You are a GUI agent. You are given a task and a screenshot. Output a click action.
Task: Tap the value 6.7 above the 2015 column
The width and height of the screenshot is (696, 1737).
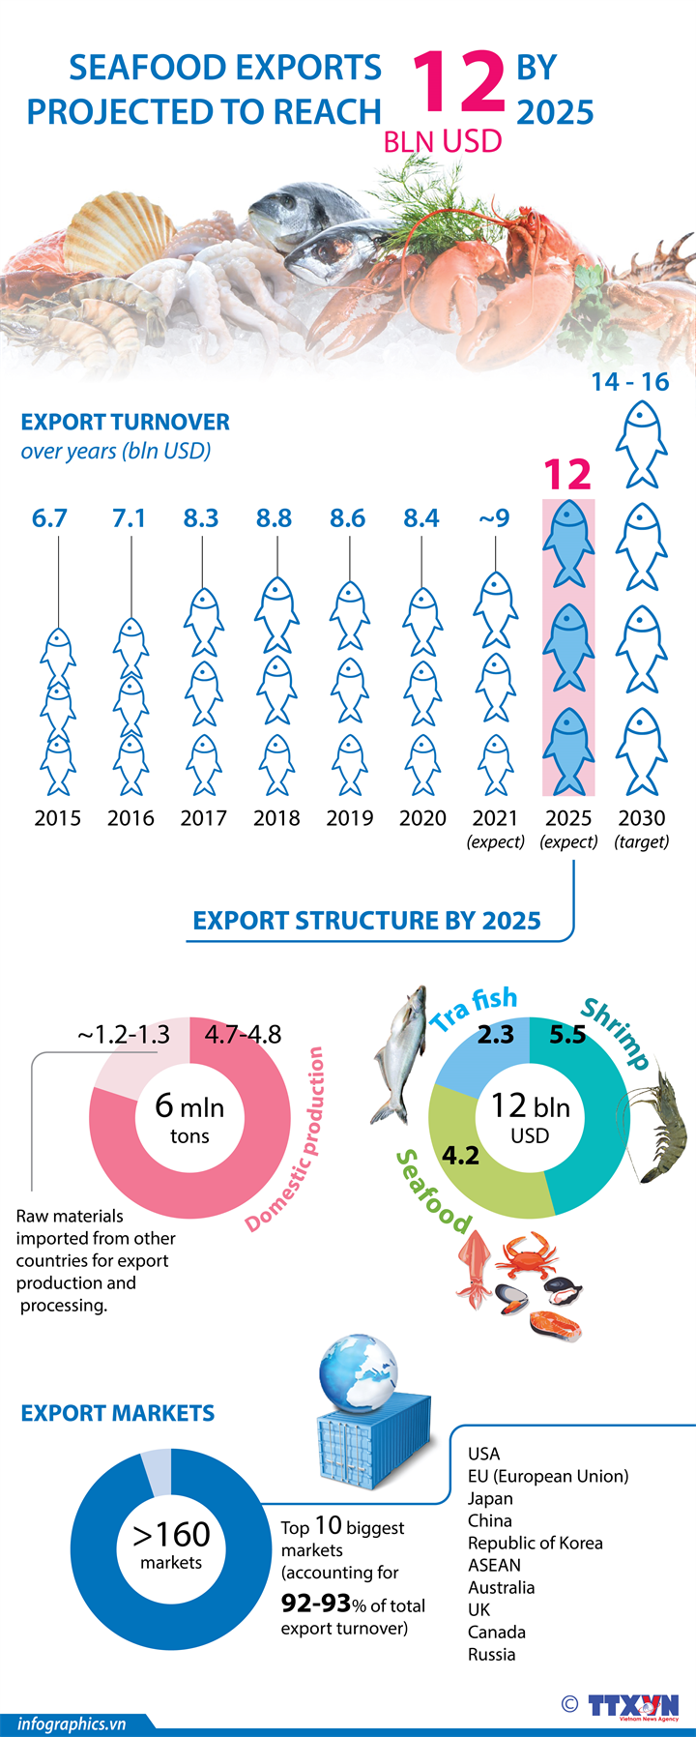(49, 518)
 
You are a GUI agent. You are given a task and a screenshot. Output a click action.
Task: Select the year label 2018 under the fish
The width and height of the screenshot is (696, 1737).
(276, 818)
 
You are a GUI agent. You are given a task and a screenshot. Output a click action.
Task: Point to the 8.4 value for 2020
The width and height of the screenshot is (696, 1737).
(421, 518)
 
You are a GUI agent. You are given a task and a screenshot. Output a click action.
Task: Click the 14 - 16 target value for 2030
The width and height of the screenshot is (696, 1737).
(630, 382)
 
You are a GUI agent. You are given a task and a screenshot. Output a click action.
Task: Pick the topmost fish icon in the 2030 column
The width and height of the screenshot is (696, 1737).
(642, 444)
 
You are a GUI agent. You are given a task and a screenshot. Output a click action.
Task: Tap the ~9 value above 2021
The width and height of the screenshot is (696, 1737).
(494, 518)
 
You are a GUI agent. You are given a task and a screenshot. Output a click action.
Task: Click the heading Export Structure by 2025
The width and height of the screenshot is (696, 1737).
(366, 921)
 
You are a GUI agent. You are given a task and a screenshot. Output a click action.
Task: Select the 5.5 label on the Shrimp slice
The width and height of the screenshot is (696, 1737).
(567, 1035)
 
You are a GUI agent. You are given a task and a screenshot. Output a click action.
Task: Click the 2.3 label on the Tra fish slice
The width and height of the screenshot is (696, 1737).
(495, 1035)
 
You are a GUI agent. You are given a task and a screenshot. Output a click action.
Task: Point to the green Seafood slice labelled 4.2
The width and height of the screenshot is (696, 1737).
(474, 1161)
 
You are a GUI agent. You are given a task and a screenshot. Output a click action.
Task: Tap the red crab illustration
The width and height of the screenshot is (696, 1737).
(527, 1256)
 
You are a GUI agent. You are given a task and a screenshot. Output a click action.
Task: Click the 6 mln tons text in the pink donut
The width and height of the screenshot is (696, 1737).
(189, 1118)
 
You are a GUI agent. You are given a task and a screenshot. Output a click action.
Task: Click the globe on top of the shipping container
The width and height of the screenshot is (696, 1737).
(357, 1374)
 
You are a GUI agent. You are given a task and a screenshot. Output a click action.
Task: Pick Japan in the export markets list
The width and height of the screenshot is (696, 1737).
(490, 1498)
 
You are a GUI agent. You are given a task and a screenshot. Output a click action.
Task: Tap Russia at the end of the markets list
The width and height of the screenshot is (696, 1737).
(491, 1654)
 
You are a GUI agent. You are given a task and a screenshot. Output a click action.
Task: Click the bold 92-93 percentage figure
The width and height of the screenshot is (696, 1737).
(315, 1604)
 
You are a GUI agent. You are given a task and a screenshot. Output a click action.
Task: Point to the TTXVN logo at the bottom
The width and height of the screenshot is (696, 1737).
(633, 1705)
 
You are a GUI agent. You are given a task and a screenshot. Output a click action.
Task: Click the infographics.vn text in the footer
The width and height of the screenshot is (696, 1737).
(72, 1723)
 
